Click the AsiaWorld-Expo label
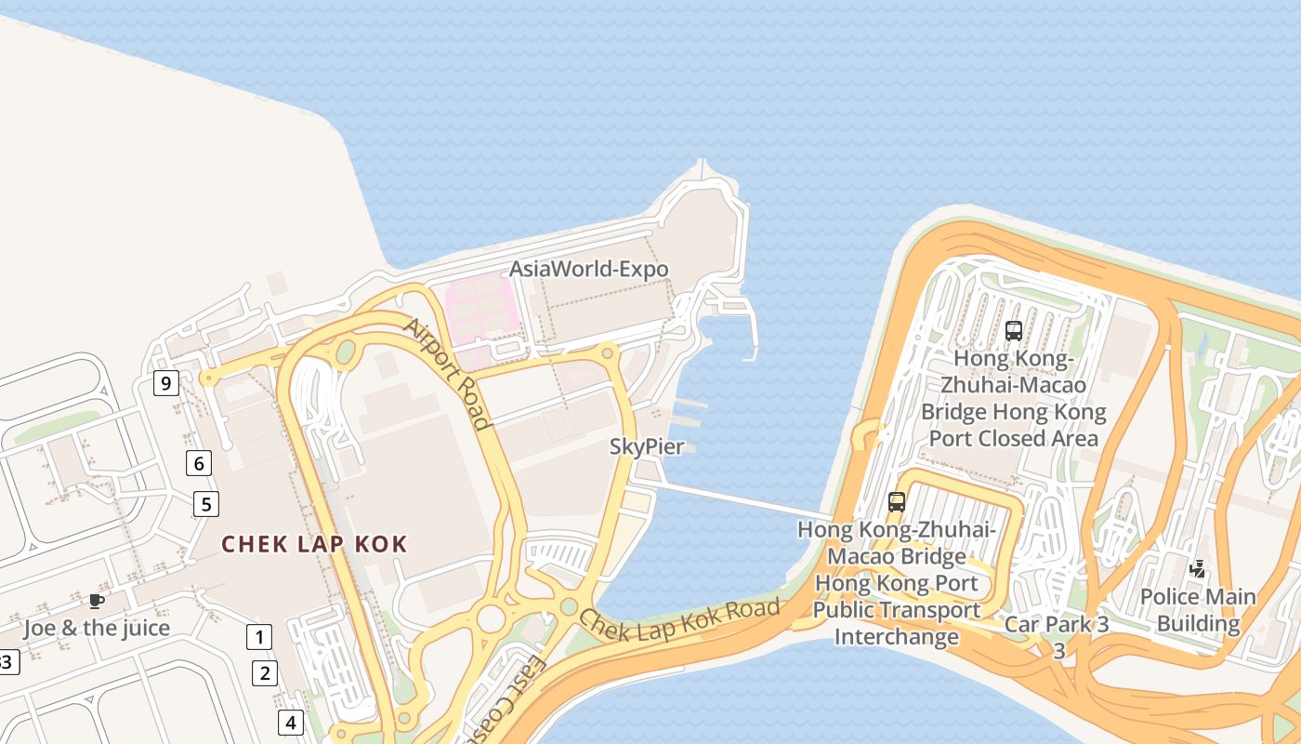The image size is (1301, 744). [x=588, y=270]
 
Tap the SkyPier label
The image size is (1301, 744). [x=647, y=446]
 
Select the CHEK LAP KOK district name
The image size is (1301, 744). [x=314, y=544]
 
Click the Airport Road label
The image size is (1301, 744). [x=446, y=375]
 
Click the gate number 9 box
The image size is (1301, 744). [x=166, y=383]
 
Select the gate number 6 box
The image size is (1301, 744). [x=198, y=462]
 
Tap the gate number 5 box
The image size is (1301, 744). [x=206, y=505]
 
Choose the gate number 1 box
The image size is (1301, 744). [x=259, y=637]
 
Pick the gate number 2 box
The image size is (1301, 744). [x=265, y=673]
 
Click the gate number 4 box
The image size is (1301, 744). [x=291, y=722]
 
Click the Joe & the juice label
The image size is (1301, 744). [x=97, y=628]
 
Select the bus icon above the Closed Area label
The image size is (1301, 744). [x=1014, y=330]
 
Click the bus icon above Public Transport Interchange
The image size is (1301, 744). [x=897, y=502]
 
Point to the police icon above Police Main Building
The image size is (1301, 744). [x=1199, y=568]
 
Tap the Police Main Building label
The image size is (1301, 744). [x=1198, y=610]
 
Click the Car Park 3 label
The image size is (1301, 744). [x=1057, y=624]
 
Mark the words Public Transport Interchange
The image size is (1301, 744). [x=897, y=623]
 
